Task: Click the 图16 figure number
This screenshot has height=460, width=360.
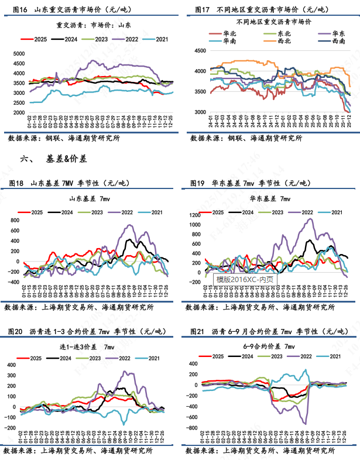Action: point(19,10)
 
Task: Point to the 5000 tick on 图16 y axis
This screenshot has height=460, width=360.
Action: point(19,53)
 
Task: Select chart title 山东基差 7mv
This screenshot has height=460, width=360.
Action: point(90,199)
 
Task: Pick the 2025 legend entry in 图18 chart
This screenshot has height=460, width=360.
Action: point(35,212)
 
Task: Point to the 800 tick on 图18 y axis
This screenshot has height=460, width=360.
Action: point(17,220)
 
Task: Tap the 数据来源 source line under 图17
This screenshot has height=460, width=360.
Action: point(246,139)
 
